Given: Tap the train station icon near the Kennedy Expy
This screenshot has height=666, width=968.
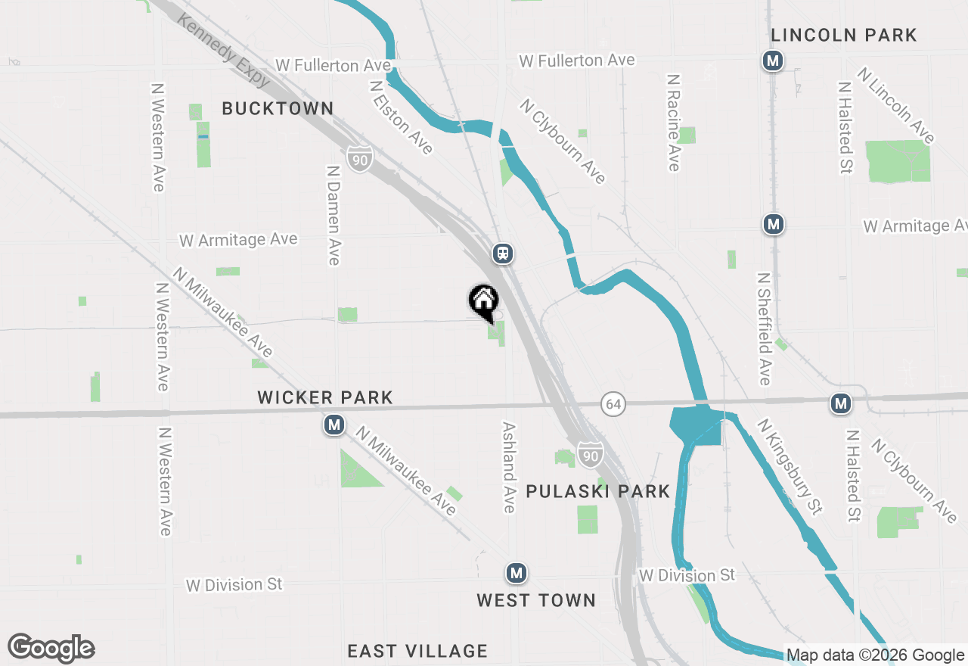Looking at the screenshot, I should [503, 254].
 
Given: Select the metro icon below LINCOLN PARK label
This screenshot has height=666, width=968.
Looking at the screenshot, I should [772, 61].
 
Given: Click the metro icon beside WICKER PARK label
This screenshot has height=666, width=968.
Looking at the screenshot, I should [334, 425].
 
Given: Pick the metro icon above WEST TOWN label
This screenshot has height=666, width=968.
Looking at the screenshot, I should [517, 573].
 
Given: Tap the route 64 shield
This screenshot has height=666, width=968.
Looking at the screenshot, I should [613, 404].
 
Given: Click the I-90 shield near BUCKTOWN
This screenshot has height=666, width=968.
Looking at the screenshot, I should [361, 159].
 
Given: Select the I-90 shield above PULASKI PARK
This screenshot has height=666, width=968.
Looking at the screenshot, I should [590, 454].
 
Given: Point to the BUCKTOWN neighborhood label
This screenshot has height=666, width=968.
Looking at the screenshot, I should [278, 108].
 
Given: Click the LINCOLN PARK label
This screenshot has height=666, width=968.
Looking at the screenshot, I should [843, 35].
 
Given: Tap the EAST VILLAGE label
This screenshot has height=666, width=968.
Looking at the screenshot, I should [417, 651].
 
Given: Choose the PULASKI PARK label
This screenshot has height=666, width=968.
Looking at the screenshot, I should [597, 491].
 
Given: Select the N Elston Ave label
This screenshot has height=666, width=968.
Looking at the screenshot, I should [401, 117].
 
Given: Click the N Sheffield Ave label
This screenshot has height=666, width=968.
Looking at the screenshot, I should [764, 329].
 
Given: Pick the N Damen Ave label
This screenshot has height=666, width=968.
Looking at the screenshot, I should [334, 216].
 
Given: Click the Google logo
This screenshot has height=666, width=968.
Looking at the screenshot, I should [51, 648].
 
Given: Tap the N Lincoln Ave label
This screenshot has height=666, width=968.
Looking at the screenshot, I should [896, 105].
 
